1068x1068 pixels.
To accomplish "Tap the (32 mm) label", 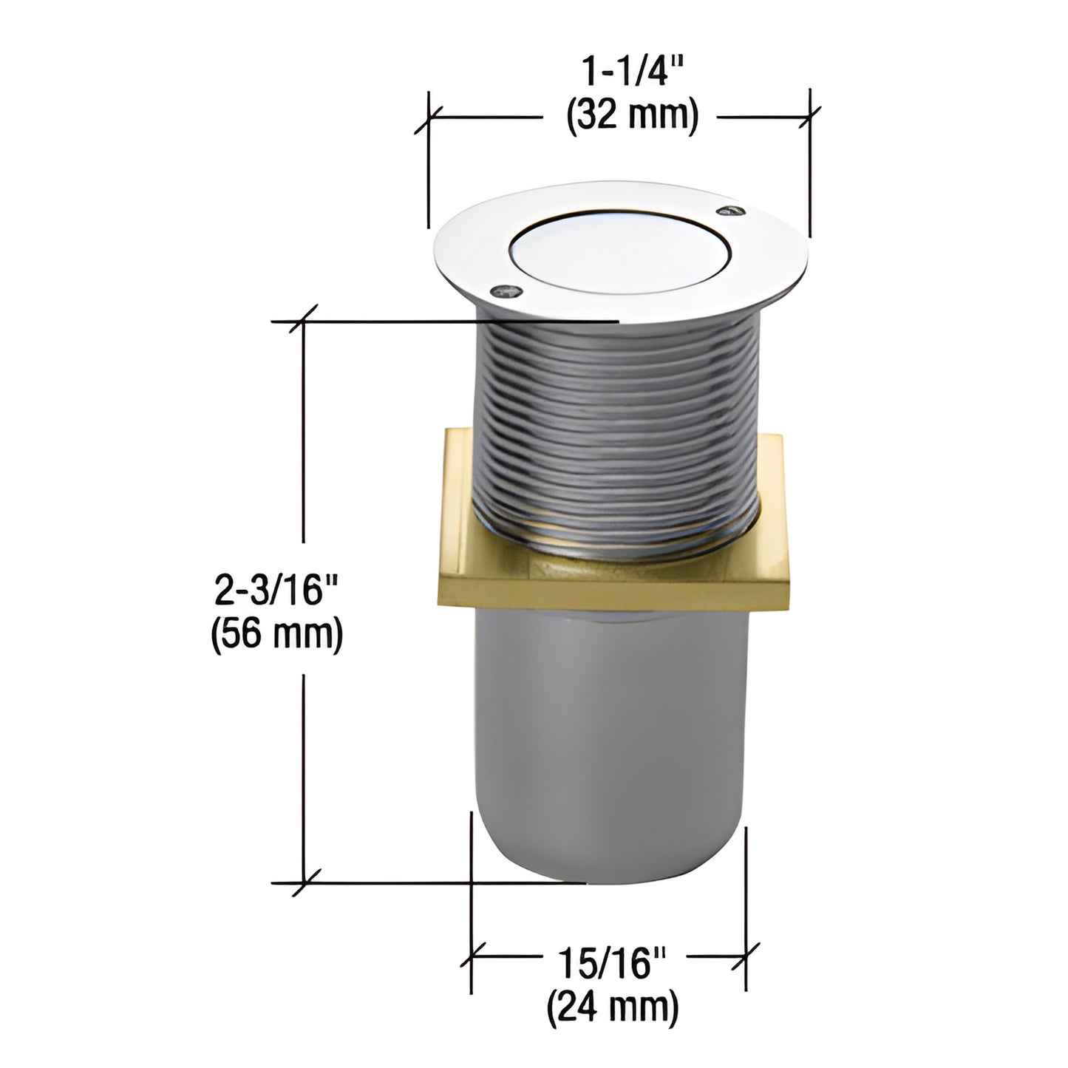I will point(632,117).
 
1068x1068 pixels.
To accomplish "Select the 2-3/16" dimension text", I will point(276,591).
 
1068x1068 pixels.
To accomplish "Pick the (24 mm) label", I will point(612,1007).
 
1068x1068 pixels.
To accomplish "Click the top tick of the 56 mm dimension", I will point(304,322).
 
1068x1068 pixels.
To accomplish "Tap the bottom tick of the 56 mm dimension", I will point(304,882).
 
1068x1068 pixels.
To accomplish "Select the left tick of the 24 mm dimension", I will point(472,956).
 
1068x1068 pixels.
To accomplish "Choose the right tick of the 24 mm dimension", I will point(745,956).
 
